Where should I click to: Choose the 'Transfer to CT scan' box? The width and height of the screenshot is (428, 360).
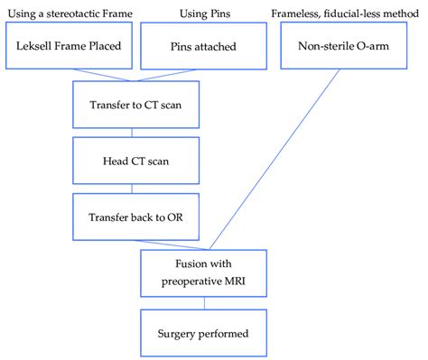(x=132, y=105)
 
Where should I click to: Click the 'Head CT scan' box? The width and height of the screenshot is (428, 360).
(x=132, y=163)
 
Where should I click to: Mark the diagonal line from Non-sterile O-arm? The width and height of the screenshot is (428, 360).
(x=271, y=162)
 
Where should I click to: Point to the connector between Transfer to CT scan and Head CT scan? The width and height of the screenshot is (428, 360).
(x=132, y=134)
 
